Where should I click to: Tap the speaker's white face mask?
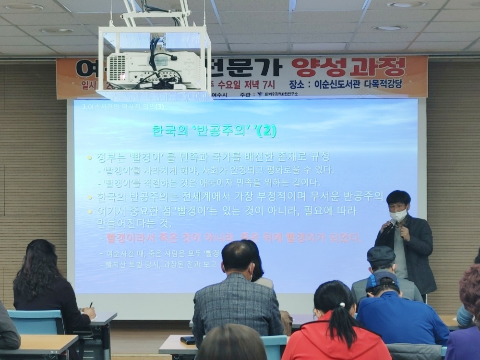point(398,215)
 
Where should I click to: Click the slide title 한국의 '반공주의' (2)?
point(214,131)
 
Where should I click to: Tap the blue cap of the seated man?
point(382,280)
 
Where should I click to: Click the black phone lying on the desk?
point(188,340)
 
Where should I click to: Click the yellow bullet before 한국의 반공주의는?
point(89,197)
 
